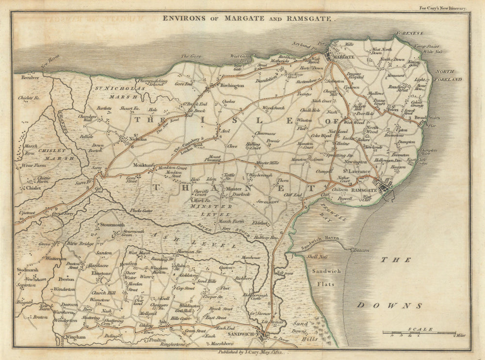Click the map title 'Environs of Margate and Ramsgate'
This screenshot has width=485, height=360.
248,18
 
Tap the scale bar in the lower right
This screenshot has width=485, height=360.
420,333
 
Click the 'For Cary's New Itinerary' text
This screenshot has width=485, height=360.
443,8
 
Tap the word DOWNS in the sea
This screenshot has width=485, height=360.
389,306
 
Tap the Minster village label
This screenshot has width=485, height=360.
233,189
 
